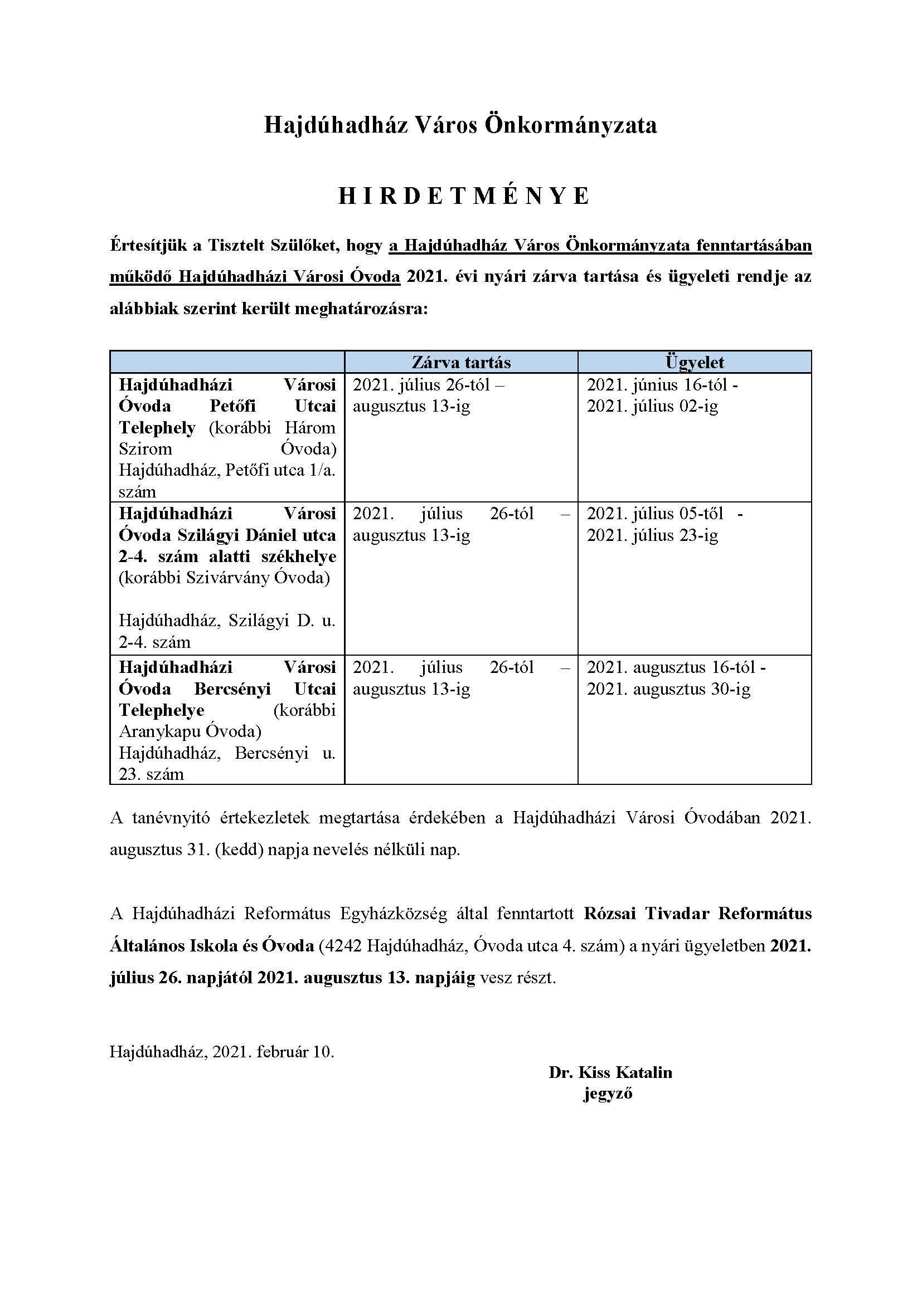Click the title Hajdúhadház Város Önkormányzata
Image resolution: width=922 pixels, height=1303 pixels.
(x=460, y=125)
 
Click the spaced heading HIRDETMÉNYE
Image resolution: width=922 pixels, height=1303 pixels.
(x=464, y=196)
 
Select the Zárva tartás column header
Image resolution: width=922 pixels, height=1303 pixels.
(x=461, y=362)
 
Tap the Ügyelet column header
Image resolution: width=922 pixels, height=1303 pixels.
(x=695, y=362)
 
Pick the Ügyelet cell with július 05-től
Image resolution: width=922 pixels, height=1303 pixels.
(x=664, y=524)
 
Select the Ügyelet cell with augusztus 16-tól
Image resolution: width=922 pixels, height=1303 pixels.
(x=676, y=677)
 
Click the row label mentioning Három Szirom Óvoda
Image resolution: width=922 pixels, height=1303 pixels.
(x=227, y=437)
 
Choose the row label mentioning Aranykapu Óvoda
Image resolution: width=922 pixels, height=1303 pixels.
(x=227, y=720)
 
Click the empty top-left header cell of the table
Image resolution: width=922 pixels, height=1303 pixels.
(x=227, y=362)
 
